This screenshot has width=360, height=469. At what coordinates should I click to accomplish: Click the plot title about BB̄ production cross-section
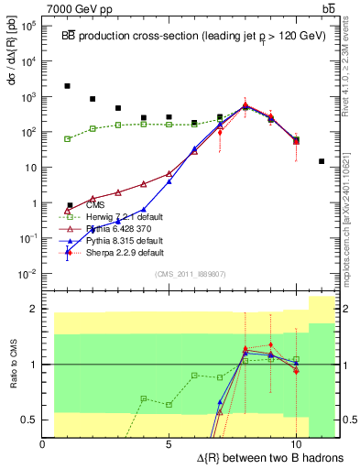184,36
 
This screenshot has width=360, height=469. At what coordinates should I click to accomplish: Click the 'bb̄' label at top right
327,8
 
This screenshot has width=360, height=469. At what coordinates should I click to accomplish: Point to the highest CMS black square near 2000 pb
68,86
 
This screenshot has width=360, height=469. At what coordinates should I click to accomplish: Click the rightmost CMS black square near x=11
322,161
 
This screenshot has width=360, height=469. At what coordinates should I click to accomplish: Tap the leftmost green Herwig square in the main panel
68,138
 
